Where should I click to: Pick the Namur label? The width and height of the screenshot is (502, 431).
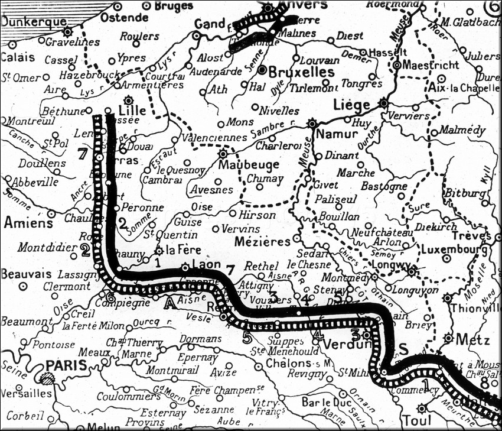click(338, 134)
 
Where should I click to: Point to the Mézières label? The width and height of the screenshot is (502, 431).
click(263, 241)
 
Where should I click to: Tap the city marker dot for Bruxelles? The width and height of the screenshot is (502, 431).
click(262, 69)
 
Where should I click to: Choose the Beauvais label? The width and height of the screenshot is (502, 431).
click(27, 274)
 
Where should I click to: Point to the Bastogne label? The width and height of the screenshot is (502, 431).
click(384, 187)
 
